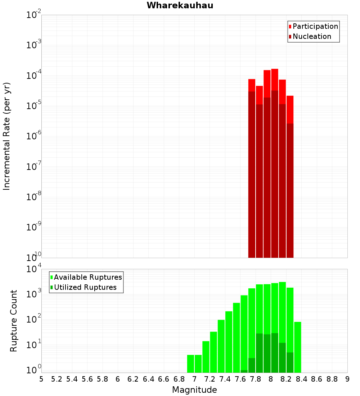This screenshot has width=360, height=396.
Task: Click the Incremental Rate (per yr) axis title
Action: click(x=7, y=136)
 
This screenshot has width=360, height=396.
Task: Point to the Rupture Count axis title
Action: click(x=14, y=320)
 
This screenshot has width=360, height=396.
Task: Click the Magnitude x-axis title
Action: click(x=194, y=390)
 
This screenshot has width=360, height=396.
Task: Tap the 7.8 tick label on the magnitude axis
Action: click(x=255, y=379)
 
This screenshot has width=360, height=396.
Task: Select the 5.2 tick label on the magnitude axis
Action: click(x=57, y=379)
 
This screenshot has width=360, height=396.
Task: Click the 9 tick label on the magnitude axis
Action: click(x=347, y=379)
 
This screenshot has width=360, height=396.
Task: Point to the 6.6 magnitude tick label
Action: click(x=164, y=379)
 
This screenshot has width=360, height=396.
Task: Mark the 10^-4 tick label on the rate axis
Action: click(x=34, y=76)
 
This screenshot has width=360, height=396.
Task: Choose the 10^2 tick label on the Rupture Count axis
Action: click(x=34, y=319)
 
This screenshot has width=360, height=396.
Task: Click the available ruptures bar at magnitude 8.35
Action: click(x=297, y=346)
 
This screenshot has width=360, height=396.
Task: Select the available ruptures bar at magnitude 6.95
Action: click(x=190, y=364)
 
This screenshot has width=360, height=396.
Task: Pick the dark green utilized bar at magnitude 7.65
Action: click(x=244, y=371)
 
